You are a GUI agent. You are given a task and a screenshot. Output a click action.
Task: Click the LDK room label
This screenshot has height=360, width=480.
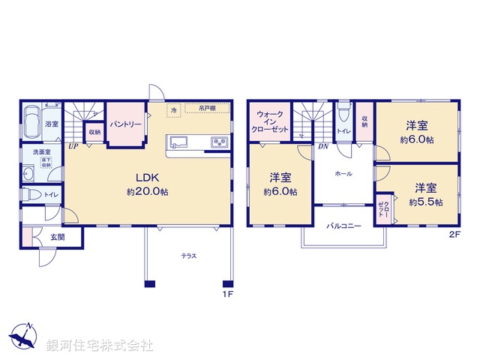click(146, 178)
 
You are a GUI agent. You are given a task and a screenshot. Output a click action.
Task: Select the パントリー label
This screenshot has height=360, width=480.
click(124, 124)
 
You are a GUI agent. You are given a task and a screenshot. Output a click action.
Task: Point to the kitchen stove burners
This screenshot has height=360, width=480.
click(219, 142)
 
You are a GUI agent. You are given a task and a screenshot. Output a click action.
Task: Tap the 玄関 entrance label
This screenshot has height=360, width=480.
click(58, 238)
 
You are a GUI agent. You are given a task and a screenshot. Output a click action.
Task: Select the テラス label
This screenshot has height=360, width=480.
click(188, 256)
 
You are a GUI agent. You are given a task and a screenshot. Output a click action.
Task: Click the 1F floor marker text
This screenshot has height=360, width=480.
click(228, 294)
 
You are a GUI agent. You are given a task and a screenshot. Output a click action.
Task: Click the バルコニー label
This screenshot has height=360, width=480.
click(343, 225)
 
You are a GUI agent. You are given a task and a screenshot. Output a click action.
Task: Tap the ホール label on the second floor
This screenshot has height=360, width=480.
click(344, 173)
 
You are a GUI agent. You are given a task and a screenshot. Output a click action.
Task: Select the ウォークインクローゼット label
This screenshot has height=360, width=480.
click(269, 121)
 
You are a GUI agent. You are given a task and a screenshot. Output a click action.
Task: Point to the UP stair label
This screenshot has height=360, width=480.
click(73, 146)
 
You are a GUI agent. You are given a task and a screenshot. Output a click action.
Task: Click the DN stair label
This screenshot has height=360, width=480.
click(322, 147)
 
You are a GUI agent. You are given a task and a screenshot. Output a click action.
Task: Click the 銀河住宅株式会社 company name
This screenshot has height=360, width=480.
click(100, 346)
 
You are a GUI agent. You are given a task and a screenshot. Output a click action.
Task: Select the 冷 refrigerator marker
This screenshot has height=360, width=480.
click(174, 110)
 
